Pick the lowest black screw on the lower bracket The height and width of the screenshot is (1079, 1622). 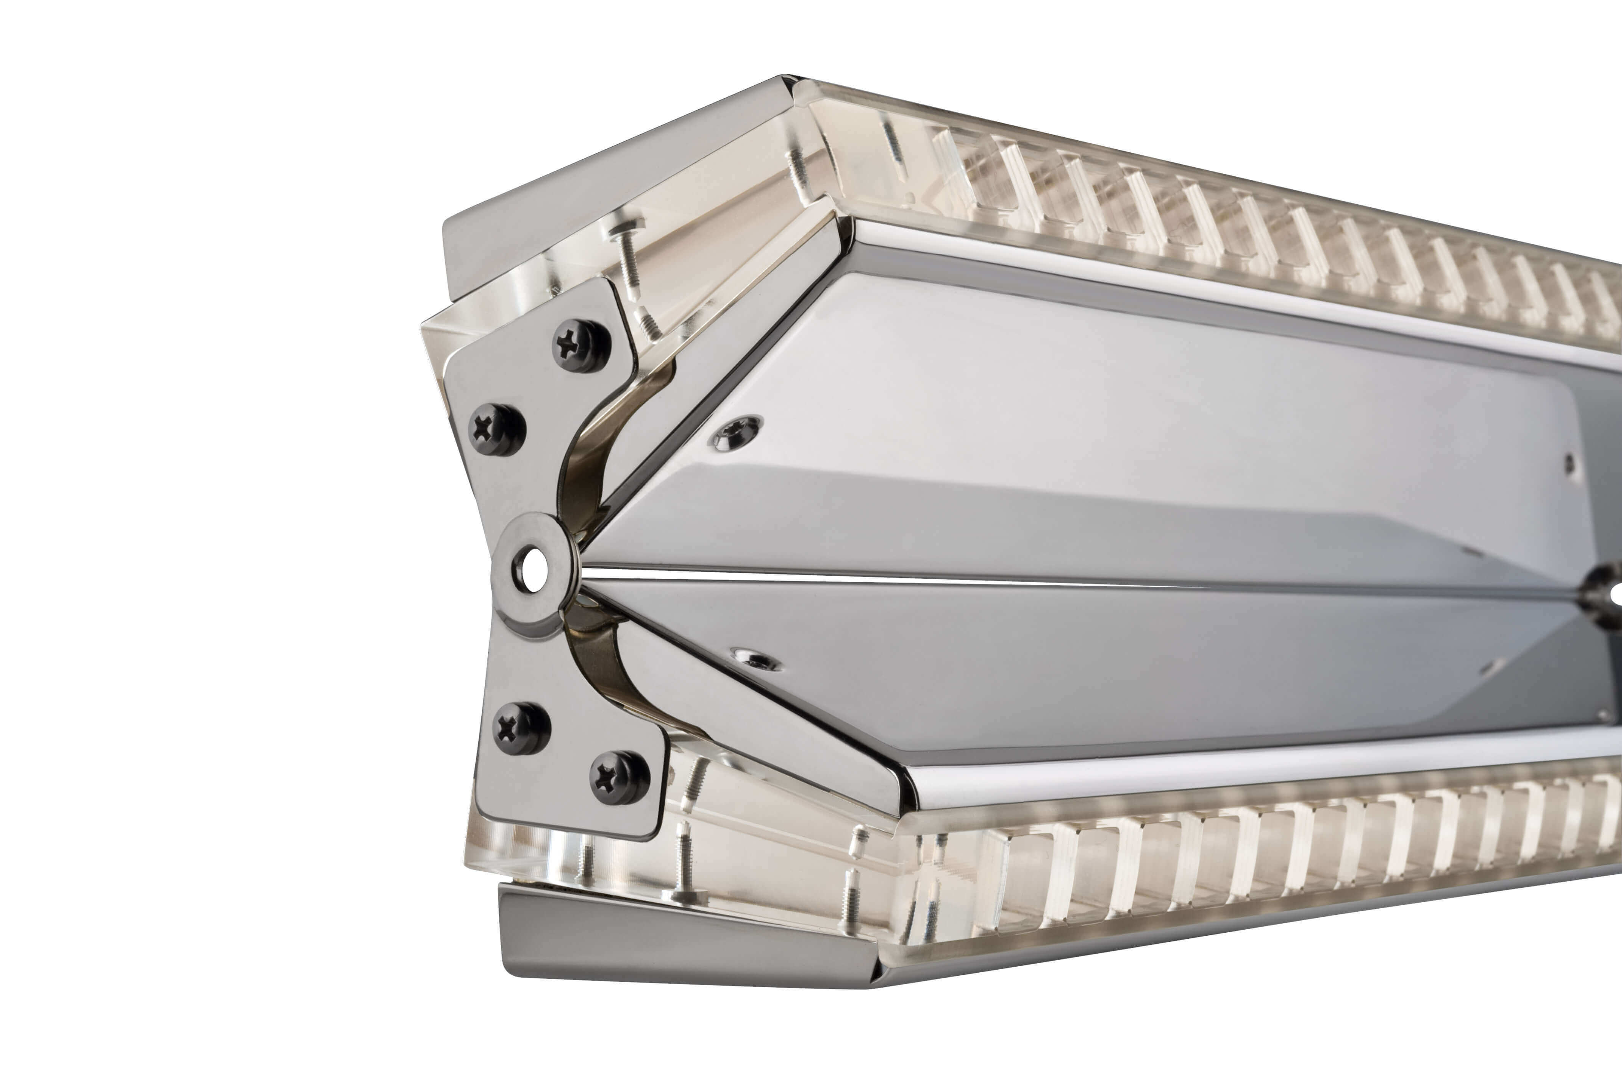click(x=619, y=778)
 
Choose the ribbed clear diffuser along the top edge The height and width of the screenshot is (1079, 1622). click(x=1239, y=220)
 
